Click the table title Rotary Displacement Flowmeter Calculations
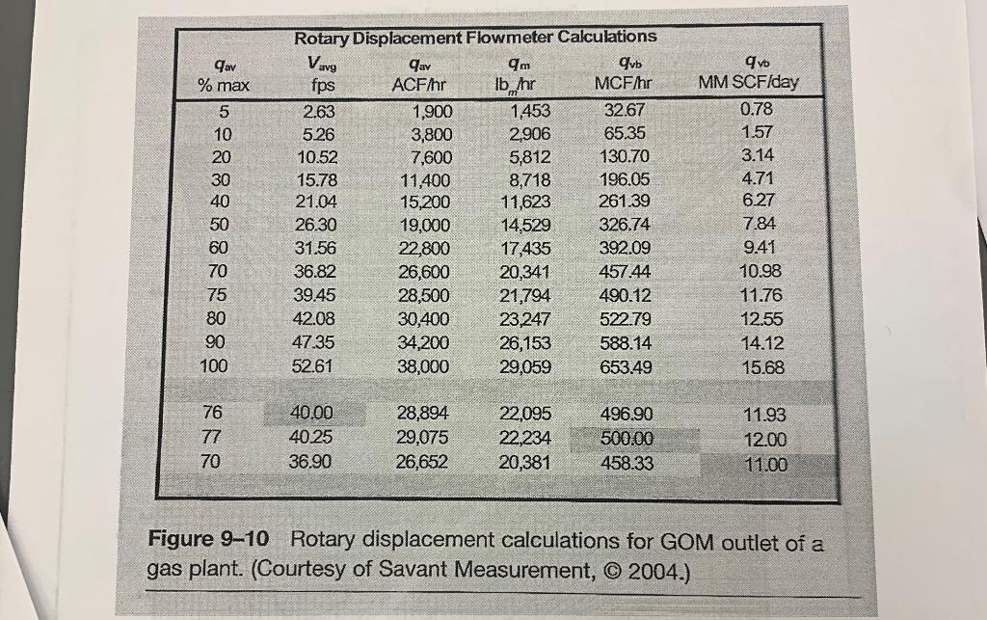tap(476, 37)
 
